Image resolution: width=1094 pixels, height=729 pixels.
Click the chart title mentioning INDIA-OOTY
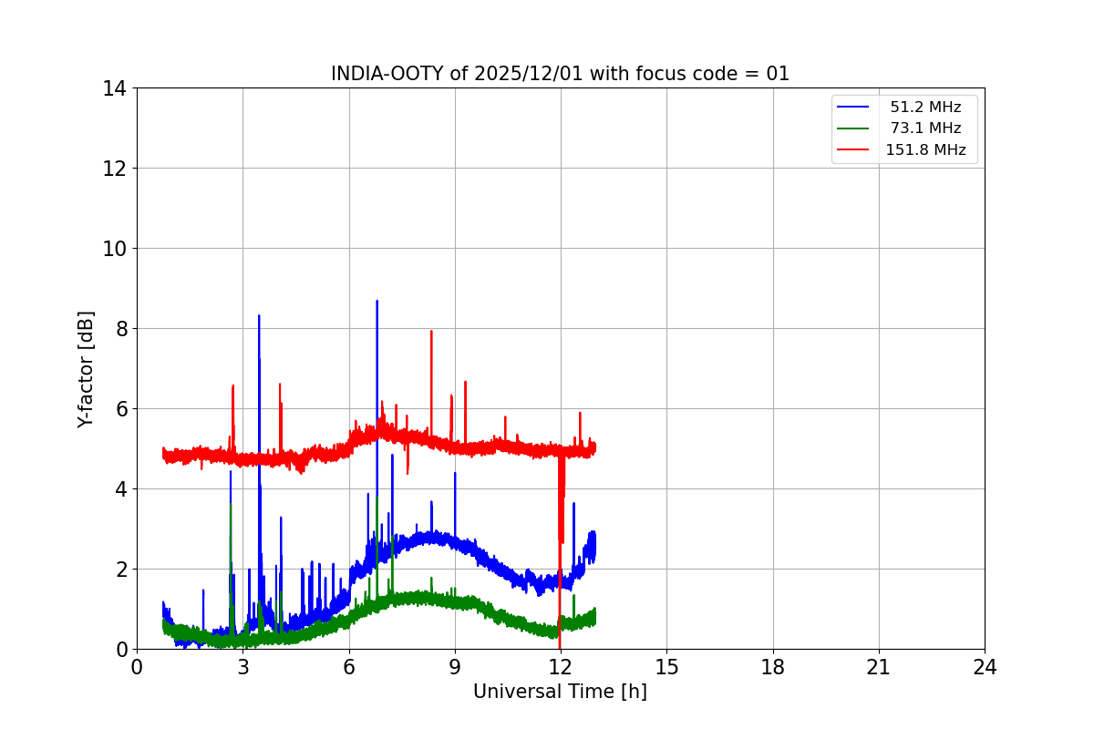click(x=560, y=74)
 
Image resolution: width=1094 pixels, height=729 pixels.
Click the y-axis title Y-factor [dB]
click(x=86, y=369)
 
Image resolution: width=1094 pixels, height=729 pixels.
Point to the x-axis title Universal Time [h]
click(x=560, y=692)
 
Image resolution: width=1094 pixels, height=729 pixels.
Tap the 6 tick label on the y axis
click(x=119, y=409)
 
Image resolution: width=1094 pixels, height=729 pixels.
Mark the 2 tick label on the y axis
click(x=119, y=570)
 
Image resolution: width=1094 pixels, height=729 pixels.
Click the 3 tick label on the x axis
click(x=243, y=666)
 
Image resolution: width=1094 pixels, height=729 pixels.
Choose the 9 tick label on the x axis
click(x=455, y=666)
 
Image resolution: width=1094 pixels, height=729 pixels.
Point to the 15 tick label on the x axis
click(x=666, y=666)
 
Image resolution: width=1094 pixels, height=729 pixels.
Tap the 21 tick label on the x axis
click(x=879, y=666)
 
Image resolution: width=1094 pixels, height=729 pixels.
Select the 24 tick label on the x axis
click(x=985, y=666)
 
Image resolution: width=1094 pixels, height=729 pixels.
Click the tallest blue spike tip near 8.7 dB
click(x=377, y=302)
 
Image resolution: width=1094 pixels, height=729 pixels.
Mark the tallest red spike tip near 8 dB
click(x=431, y=332)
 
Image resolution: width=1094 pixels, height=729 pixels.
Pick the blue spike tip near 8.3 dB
click(x=259, y=316)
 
